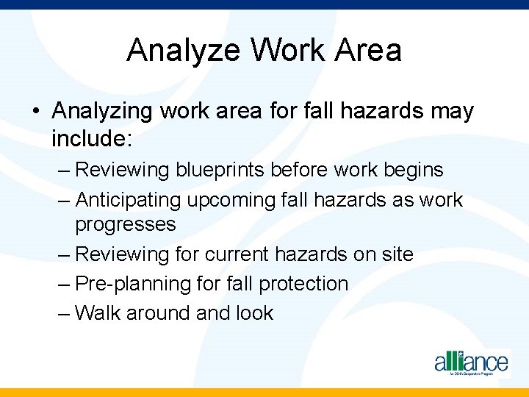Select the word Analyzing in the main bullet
tap(102, 112)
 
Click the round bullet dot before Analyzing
tap(36, 112)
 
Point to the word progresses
tap(126, 224)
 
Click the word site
tap(397, 254)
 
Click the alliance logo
tap(470, 362)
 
